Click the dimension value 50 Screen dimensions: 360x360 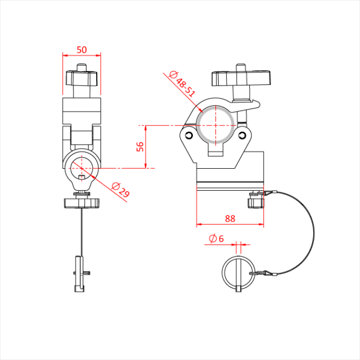[x=82, y=49]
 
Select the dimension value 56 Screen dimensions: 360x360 [x=139, y=147]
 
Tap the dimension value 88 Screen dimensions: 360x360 [x=230, y=219]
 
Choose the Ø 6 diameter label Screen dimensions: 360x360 [x=216, y=239]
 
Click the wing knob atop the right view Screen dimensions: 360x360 [x=241, y=79]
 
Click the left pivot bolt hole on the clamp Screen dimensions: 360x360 [x=189, y=135]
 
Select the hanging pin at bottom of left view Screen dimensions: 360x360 [x=79, y=273]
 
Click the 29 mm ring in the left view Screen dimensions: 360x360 [x=81, y=165]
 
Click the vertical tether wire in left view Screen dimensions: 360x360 [x=81, y=231]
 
